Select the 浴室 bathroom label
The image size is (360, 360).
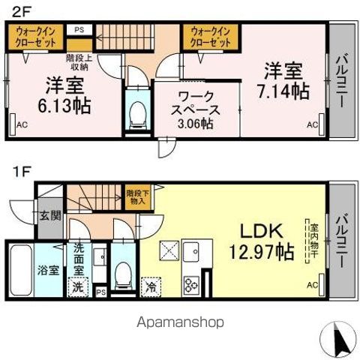[x=49, y=270]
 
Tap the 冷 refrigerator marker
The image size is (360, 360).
[x=151, y=285]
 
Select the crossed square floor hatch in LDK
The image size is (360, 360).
[x=169, y=250]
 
